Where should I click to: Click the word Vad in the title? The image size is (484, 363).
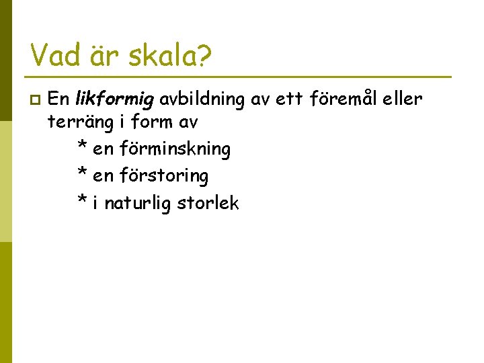(x=58, y=56)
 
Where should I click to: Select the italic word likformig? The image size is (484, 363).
(x=115, y=100)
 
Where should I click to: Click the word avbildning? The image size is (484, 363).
(x=202, y=100)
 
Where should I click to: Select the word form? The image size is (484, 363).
(x=151, y=123)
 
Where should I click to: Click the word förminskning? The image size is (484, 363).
(x=175, y=149)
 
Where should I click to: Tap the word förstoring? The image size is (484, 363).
(x=164, y=176)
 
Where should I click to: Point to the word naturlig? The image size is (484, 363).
(x=138, y=203)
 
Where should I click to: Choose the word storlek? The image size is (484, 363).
(x=208, y=203)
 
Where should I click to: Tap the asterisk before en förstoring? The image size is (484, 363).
(x=81, y=175)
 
